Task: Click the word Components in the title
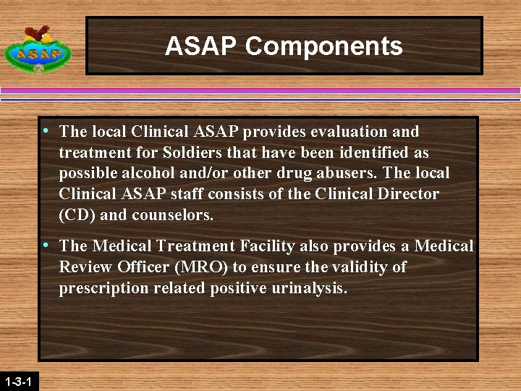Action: pyautogui.click(x=323, y=46)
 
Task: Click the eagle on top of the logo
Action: pyautogui.click(x=38, y=33)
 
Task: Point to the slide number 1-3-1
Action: pyautogui.click(x=17, y=381)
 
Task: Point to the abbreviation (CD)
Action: pyautogui.click(x=79, y=216)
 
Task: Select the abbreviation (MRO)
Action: pyautogui.click(x=208, y=267)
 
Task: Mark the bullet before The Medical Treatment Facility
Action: pyautogui.click(x=47, y=246)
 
